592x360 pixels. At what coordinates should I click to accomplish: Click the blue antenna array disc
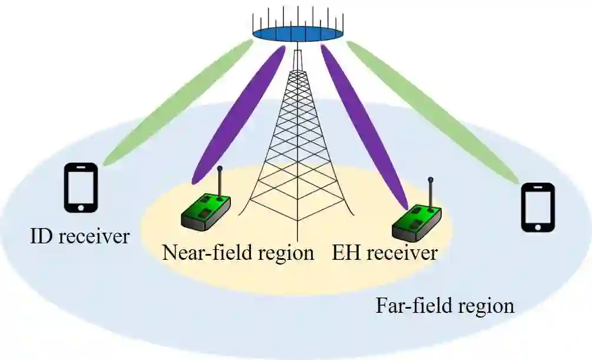click(x=298, y=32)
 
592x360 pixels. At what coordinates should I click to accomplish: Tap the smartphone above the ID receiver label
click(x=81, y=187)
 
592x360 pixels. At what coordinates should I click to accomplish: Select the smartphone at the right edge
click(x=538, y=207)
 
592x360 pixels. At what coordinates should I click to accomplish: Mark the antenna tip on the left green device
click(x=220, y=170)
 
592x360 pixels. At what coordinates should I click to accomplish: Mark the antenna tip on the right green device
click(x=431, y=180)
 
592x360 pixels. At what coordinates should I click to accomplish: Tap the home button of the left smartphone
click(x=81, y=207)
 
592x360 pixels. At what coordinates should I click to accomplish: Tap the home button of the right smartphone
click(x=538, y=227)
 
